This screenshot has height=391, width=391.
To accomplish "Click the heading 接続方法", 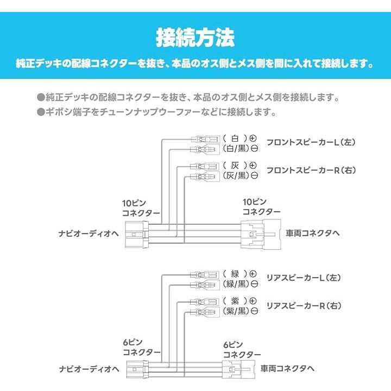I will (x=195, y=38).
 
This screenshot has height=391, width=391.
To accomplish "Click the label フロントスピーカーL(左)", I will (x=310, y=143).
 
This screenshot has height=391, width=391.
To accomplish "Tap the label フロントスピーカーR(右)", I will (x=311, y=170).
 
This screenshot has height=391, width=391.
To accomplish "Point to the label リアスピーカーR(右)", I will (x=304, y=305).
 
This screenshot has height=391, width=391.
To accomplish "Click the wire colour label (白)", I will (x=235, y=138).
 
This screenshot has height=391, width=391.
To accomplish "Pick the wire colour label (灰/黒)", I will (x=235, y=175).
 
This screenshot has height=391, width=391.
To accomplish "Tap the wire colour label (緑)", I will (x=235, y=274).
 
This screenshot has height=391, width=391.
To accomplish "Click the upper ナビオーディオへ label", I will (x=89, y=234).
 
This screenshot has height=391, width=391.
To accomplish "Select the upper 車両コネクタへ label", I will (x=313, y=234).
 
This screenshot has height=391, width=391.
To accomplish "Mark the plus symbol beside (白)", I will (x=254, y=138).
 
